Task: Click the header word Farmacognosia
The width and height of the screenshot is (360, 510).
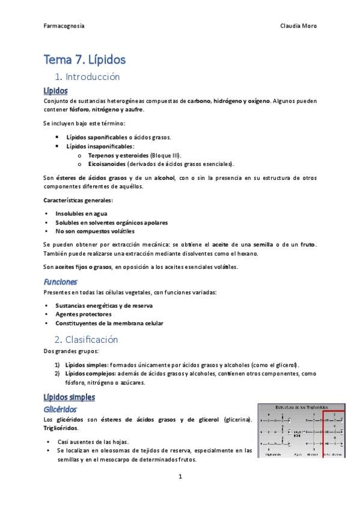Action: (64, 26)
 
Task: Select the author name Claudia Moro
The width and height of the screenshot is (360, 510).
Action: (299, 26)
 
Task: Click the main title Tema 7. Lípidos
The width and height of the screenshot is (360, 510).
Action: (84, 60)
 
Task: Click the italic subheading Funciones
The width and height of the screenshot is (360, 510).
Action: (60, 281)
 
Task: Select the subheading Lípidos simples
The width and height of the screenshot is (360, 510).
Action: (69, 398)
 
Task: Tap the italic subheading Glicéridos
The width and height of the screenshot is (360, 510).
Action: (59, 409)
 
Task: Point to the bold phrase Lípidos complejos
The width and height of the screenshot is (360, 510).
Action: (91, 373)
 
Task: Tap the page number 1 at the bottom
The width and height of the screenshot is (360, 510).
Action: (180, 477)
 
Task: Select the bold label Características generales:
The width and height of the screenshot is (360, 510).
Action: (78, 200)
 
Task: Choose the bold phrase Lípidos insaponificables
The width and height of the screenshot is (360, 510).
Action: (100, 146)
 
